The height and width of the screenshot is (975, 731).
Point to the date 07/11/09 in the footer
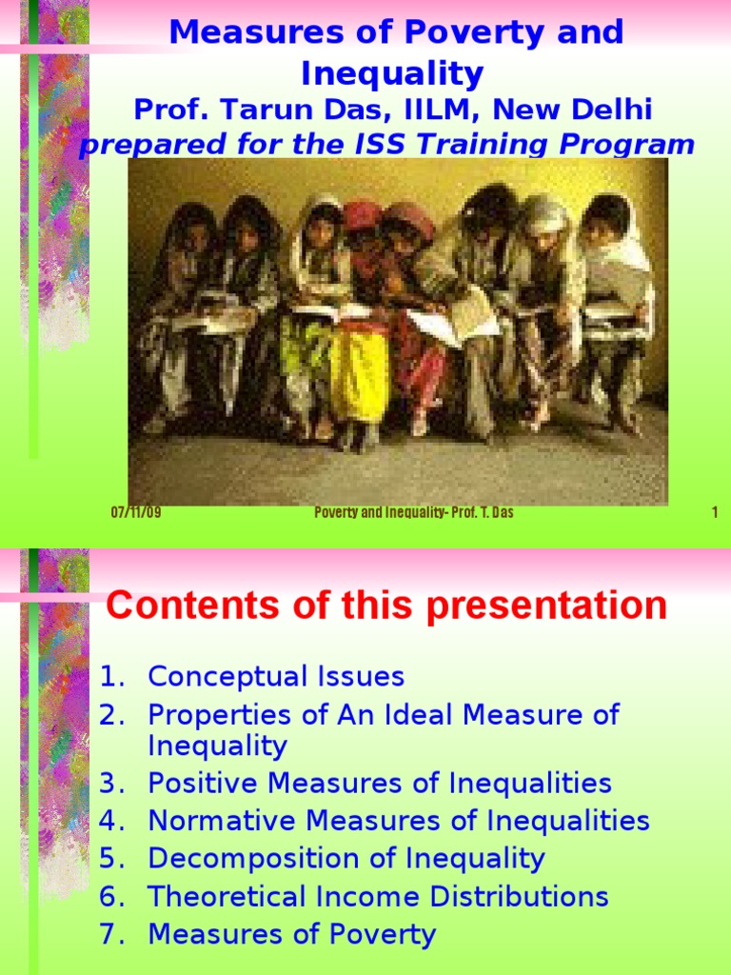[136, 513]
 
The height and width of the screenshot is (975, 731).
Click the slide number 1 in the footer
[714, 513]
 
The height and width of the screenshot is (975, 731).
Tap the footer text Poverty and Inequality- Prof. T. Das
[414, 513]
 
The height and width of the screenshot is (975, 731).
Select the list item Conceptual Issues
[276, 677]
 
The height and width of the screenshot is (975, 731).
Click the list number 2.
[111, 715]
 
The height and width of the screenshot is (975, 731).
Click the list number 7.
[111, 934]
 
